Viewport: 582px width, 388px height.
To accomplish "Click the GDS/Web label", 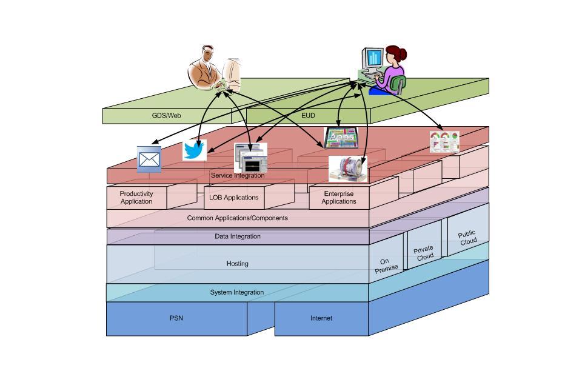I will pyautogui.click(x=166, y=115).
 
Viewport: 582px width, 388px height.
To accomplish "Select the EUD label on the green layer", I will pyautogui.click(x=308, y=115).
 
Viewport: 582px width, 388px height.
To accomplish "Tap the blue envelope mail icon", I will pyautogui.click(x=149, y=159).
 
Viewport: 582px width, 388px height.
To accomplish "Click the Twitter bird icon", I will pyautogui.click(x=195, y=150).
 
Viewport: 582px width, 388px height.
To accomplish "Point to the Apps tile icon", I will pyautogui.click(x=343, y=138).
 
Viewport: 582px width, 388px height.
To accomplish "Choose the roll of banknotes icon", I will pyautogui.click(x=348, y=169).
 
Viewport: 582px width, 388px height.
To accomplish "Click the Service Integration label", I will pyautogui.click(x=238, y=175).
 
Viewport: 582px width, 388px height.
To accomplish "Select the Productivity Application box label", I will pyautogui.click(x=136, y=198).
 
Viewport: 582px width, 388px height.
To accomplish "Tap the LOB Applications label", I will pyautogui.click(x=234, y=198).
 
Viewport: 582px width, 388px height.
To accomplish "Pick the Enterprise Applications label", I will pyautogui.click(x=339, y=198).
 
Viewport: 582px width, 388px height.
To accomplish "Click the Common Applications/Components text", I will pyautogui.click(x=238, y=218).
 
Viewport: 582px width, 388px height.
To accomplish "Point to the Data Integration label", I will pyautogui.click(x=238, y=236).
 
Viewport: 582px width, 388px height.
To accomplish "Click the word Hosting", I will pyautogui.click(x=237, y=264).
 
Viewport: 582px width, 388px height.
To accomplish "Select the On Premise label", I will pyautogui.click(x=386, y=266).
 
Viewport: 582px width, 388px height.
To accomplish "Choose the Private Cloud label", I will pyautogui.click(x=424, y=253).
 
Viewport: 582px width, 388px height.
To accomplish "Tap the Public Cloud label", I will pyautogui.click(x=467, y=238).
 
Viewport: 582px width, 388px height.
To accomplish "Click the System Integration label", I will pyautogui.click(x=237, y=292).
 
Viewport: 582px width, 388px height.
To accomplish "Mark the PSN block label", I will pyautogui.click(x=176, y=318).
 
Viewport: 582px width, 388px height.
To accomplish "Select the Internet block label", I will pyautogui.click(x=321, y=318).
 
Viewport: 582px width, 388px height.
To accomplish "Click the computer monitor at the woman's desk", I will pyautogui.click(x=372, y=59).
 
